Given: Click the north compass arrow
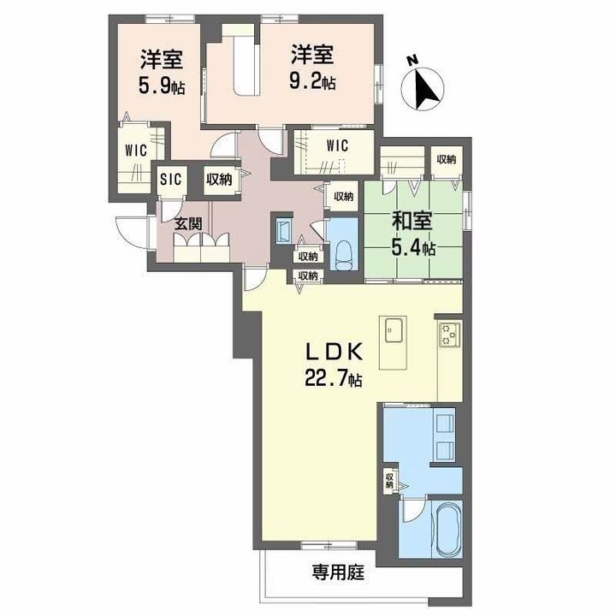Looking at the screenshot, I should (x=425, y=86).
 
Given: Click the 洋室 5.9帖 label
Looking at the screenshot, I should (x=161, y=72).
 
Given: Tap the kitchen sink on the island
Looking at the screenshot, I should (x=395, y=330).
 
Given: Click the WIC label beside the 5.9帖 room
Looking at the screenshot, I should (x=136, y=150).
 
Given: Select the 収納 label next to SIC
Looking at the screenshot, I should (x=218, y=179).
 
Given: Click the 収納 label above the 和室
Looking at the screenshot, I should (x=445, y=158).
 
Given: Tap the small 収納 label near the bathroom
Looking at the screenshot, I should (x=390, y=481).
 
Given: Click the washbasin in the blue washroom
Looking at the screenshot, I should (x=444, y=435).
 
